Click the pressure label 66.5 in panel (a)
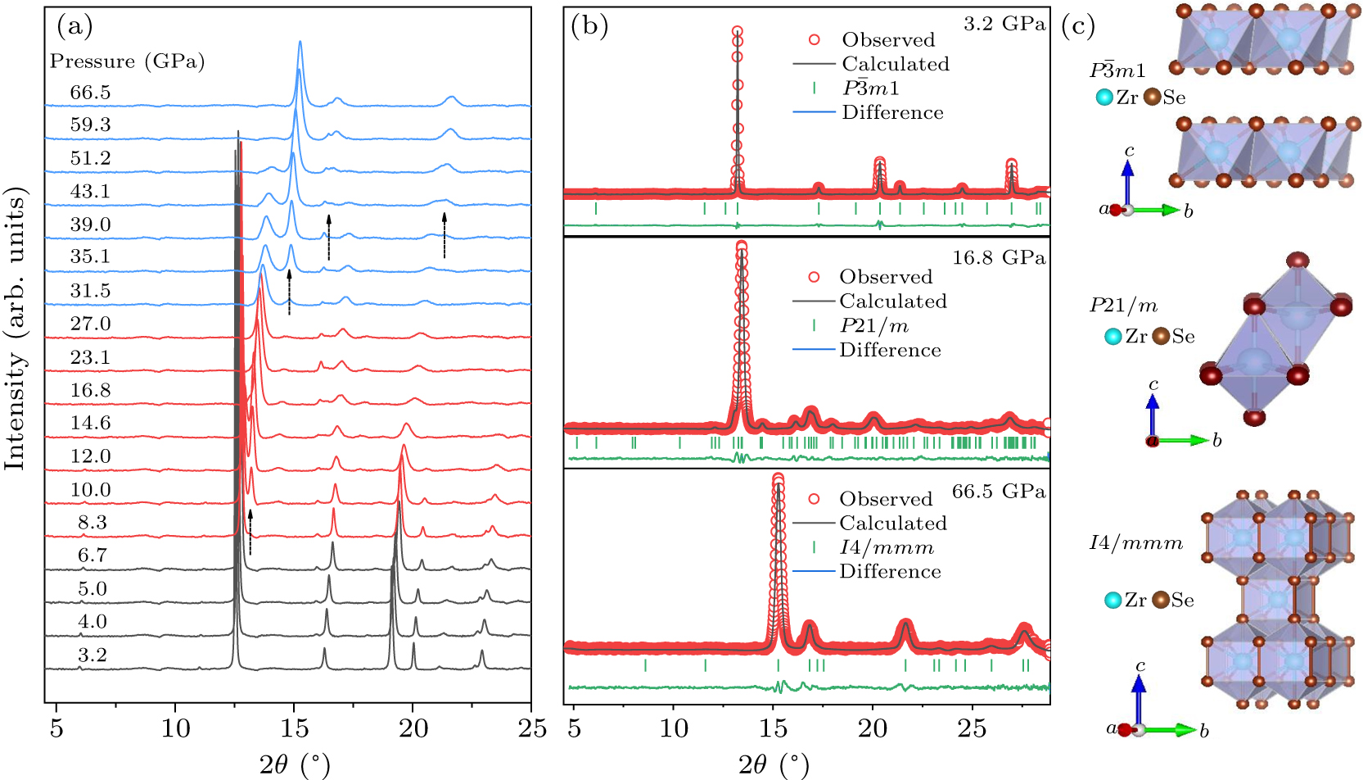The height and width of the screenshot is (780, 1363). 90,93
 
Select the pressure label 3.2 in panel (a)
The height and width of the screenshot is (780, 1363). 92,655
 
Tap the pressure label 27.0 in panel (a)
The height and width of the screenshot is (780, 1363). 90,324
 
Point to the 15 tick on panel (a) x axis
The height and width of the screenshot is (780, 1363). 294,727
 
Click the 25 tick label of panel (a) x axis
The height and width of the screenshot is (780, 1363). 532,727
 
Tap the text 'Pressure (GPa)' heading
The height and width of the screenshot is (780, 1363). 127,61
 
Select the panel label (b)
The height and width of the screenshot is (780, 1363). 589,26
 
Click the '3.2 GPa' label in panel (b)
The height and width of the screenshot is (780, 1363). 1004,24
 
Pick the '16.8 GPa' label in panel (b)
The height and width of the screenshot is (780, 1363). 998,258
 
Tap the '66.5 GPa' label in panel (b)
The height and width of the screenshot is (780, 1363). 998,492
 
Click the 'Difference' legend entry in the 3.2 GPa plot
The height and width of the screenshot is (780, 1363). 892,112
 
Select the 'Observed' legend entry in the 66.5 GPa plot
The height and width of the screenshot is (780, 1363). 886,499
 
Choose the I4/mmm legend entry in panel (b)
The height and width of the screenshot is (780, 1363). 886,547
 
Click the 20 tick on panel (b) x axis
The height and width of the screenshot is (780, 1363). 873,727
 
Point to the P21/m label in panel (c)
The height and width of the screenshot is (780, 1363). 1123,306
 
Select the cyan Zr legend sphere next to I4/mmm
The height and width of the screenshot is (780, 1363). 1113,601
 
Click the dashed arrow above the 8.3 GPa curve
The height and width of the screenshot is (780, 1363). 250,531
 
